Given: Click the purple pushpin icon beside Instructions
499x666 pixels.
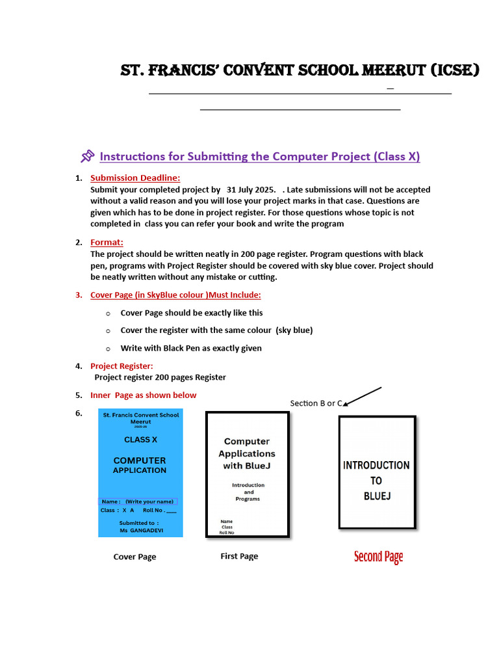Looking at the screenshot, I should click(x=87, y=156).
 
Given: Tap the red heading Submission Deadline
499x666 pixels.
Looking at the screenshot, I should click(x=135, y=178).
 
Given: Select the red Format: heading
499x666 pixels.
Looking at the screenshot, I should click(x=107, y=242).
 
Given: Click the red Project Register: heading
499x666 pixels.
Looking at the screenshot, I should click(x=122, y=366).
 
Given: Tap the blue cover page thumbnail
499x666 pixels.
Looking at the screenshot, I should click(x=140, y=473).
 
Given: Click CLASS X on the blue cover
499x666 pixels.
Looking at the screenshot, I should click(x=140, y=440).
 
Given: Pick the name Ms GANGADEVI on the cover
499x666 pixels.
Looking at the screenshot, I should click(x=140, y=531).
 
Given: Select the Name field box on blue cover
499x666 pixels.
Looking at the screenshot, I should click(x=138, y=501).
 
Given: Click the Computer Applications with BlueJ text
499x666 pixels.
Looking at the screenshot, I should click(x=247, y=453).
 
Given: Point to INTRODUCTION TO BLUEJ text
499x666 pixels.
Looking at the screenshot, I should click(x=376, y=481).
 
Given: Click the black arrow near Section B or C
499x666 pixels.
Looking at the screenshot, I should click(x=362, y=396).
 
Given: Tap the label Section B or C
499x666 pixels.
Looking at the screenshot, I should click(x=316, y=403).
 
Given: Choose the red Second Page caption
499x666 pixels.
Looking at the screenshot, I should click(x=378, y=557).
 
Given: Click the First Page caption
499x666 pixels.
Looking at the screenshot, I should click(x=239, y=556).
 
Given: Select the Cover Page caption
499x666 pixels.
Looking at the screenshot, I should click(x=134, y=557).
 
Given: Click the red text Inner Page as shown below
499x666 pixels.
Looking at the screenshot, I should click(x=143, y=395).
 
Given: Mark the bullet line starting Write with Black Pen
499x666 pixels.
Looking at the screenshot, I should click(x=191, y=348).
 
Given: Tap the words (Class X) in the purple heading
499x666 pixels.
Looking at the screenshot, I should click(x=396, y=156).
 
